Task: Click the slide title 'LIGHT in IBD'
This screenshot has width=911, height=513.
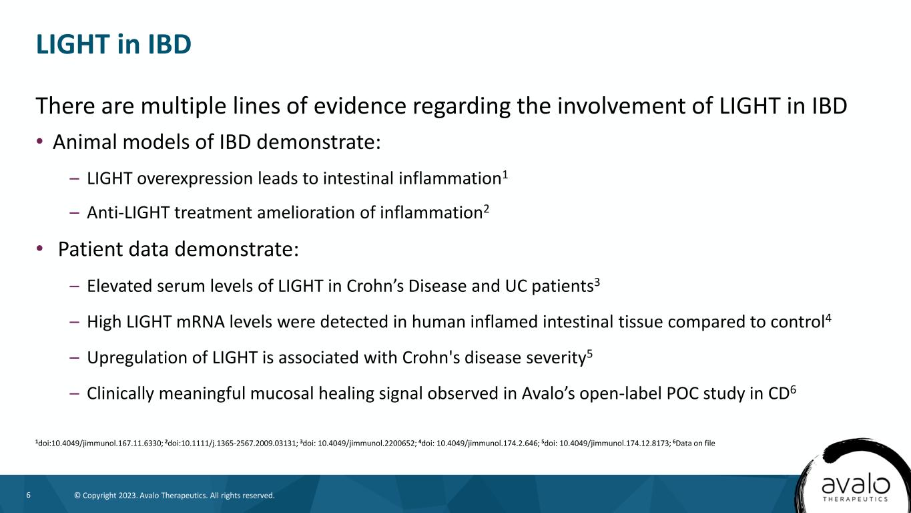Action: [x=113, y=44]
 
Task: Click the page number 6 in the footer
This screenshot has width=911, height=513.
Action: [x=29, y=495]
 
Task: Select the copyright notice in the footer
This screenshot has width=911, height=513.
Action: [x=174, y=496]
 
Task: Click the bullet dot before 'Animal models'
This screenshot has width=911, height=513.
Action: [x=39, y=142]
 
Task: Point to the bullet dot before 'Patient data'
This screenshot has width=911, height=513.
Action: [x=39, y=248]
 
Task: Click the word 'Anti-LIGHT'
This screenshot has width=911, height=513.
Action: [x=128, y=212]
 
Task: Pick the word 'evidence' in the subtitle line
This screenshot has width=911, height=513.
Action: [x=360, y=106]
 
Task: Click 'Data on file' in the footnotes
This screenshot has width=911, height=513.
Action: [x=695, y=444]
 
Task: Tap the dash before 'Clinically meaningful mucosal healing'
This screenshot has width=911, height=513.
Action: [x=75, y=393]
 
